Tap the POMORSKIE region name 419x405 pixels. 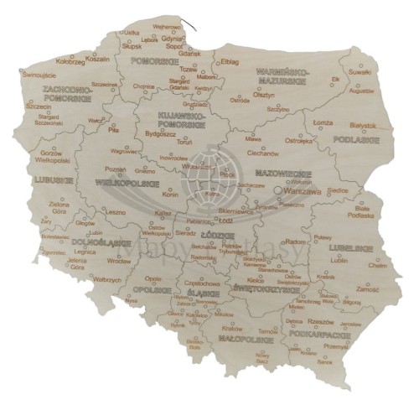point(159,61)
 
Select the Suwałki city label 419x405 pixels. point(360,74)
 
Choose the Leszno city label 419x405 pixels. point(115,212)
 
